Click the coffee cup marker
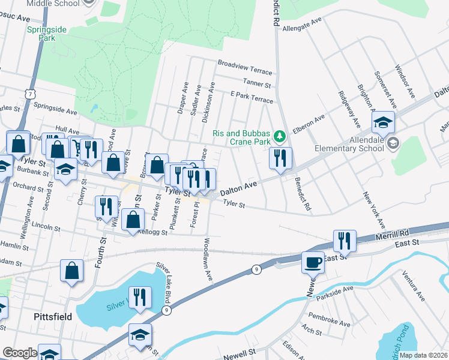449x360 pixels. (x=313, y=262)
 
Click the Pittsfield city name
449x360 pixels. (x=53, y=316)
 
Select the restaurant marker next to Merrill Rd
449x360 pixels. (x=345, y=241)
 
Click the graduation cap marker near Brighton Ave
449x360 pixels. (x=383, y=123)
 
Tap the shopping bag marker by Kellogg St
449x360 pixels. (x=133, y=220)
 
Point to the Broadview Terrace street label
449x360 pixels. (x=244, y=62)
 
